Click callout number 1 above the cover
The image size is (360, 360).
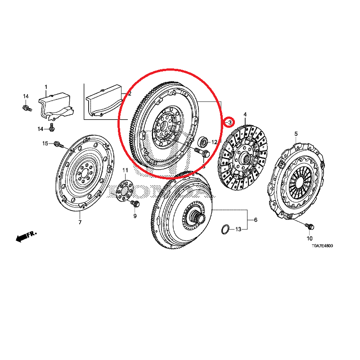[45, 87]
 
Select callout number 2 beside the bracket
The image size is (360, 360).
[129, 94]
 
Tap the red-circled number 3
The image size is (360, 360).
[229, 122]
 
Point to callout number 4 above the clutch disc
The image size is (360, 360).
[245, 115]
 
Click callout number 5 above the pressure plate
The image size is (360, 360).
[296, 134]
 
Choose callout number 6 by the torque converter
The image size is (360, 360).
[255, 220]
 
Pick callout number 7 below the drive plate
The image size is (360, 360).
[80, 222]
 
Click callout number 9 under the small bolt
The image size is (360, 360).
[134, 217]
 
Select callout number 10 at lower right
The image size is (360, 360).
[310, 238]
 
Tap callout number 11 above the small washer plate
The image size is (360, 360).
[126, 170]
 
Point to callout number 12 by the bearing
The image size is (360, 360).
[214, 142]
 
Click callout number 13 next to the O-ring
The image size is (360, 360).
[238, 229]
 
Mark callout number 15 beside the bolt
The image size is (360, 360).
[45, 144]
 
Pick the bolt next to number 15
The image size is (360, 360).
[58, 144]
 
